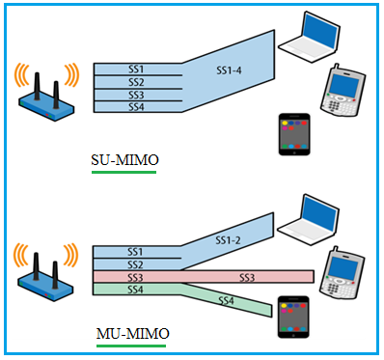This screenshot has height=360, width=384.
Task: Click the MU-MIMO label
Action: point(133,334)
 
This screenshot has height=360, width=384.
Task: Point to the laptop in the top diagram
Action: point(311,39)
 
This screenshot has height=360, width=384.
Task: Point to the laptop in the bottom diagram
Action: point(311,217)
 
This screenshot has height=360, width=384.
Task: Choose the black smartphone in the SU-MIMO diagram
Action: point(293,135)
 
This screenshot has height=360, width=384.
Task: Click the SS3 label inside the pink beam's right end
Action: point(246,277)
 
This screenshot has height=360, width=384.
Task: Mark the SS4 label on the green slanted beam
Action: point(227,301)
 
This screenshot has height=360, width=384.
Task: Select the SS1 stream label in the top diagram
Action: point(136,69)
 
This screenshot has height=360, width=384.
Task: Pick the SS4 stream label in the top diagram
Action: point(136,107)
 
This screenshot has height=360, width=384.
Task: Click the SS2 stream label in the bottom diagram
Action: point(135,263)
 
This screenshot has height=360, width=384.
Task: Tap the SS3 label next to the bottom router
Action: point(135,277)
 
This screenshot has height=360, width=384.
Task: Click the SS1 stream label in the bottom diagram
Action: point(135,251)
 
